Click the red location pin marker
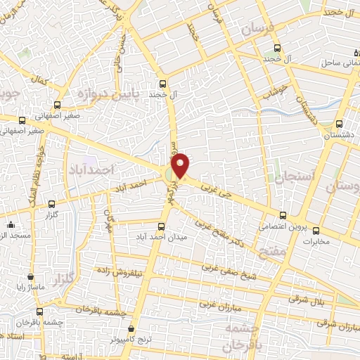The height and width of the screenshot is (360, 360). [181, 165]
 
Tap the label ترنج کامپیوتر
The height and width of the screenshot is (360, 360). [132, 341]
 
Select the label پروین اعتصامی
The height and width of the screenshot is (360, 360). [282, 226]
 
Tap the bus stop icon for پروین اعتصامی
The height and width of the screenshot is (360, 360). [283, 215]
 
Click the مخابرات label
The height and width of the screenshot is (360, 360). [316, 241]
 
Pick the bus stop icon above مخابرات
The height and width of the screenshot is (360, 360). [316, 230]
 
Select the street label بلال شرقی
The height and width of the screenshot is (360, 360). [303, 299]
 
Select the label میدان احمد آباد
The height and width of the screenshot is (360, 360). [162, 238]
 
